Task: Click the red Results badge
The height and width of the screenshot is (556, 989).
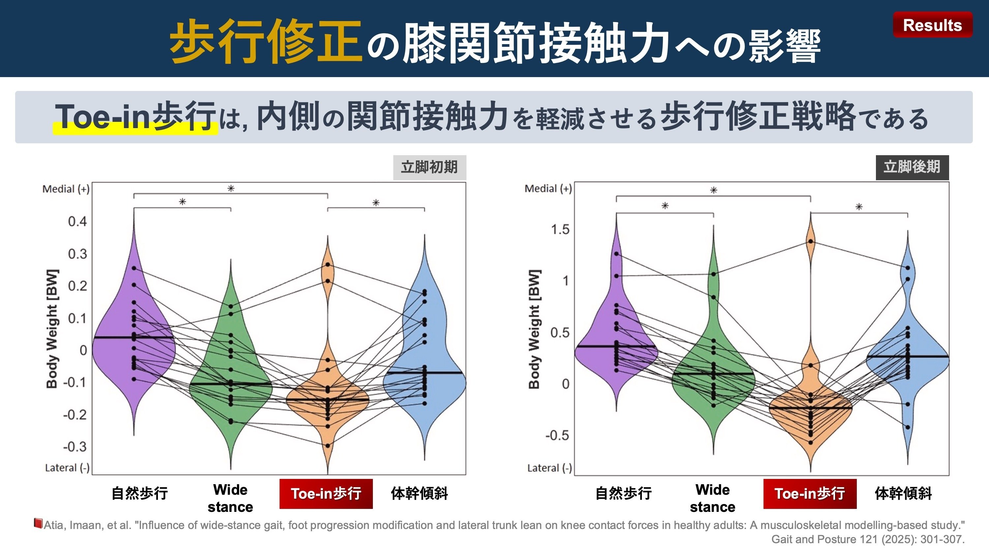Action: click(x=932, y=25)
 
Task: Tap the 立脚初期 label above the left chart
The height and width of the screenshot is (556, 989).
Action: click(x=429, y=167)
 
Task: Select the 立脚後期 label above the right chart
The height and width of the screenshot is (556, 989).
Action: click(x=912, y=167)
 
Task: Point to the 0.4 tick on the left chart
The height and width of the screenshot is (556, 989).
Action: click(x=77, y=221)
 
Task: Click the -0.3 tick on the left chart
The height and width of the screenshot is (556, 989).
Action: click(x=75, y=447)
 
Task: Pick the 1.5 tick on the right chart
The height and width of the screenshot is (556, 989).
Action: click(x=560, y=230)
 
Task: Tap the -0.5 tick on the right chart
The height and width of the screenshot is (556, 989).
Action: click(x=557, y=435)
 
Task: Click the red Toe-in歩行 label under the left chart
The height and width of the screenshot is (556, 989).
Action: click(x=326, y=493)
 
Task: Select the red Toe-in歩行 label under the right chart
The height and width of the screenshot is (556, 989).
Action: click(x=810, y=493)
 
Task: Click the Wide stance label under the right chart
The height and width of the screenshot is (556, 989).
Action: click(x=712, y=498)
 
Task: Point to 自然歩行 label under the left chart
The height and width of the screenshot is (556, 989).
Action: click(x=140, y=493)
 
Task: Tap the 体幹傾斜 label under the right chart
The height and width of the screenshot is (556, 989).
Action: click(x=903, y=493)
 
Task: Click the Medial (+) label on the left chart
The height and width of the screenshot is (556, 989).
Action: click(x=66, y=189)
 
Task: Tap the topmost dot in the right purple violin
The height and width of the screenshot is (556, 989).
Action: click(x=616, y=254)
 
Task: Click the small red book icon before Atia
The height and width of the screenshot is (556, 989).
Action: click(x=38, y=523)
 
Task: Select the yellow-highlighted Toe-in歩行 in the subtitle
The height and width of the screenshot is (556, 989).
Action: click(x=135, y=117)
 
